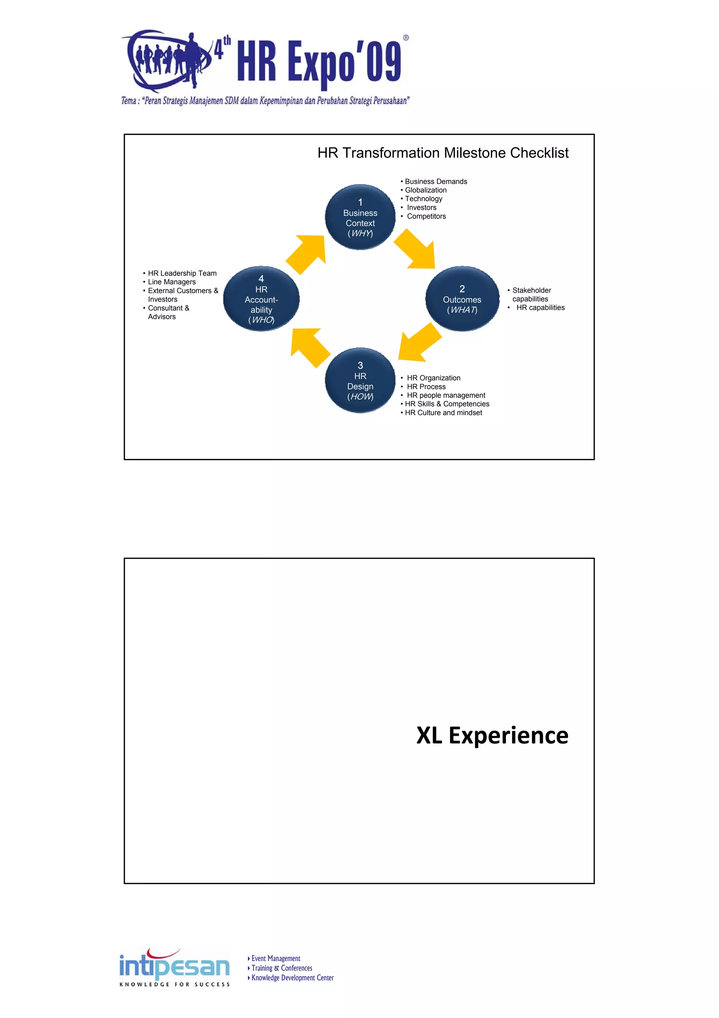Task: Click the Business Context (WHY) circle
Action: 360,217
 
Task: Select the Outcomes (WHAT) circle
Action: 462,299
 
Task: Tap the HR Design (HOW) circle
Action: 360,381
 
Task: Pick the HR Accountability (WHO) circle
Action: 261,299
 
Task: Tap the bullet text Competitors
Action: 426,216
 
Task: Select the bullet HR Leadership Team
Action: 182,273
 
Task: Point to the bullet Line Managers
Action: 172,282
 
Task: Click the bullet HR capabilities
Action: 540,308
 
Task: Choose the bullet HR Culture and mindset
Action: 443,413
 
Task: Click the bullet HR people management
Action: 446,395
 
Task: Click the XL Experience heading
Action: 492,735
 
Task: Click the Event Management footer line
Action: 276,959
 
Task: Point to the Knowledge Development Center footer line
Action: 292,978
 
